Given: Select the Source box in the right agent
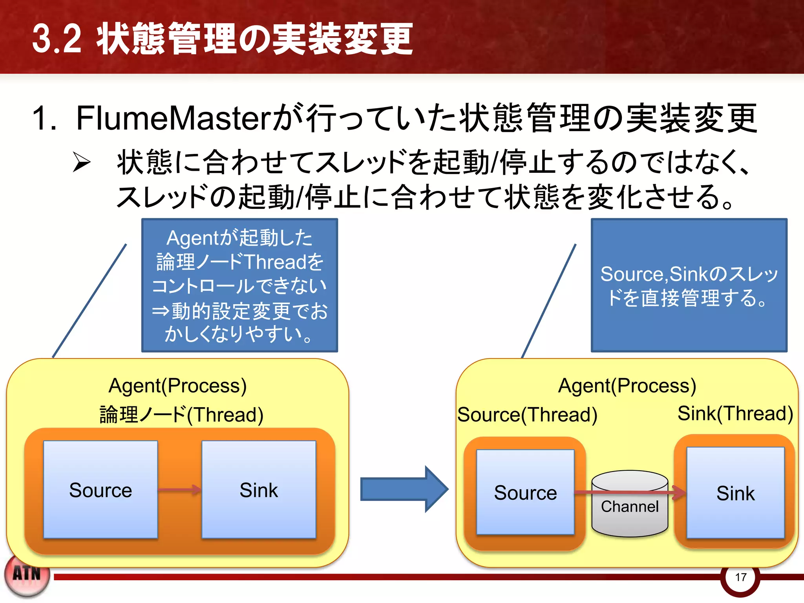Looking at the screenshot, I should pos(525,492).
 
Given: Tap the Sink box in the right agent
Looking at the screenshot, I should pos(735,493).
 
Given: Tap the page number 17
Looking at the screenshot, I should pos(740,577).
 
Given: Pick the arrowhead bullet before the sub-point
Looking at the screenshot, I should pos(82,163).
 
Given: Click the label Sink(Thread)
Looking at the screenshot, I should pos(735,413).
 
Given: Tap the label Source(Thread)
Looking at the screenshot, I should pos(527,415).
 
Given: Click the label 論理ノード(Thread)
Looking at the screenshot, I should pos(181,415).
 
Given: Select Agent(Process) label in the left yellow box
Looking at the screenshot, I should pos(177,386).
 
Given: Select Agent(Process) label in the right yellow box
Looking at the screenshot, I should pos(627,386).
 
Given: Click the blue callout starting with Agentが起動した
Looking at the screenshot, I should pos(239,285).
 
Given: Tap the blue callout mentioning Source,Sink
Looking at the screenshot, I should pos(689,285).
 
